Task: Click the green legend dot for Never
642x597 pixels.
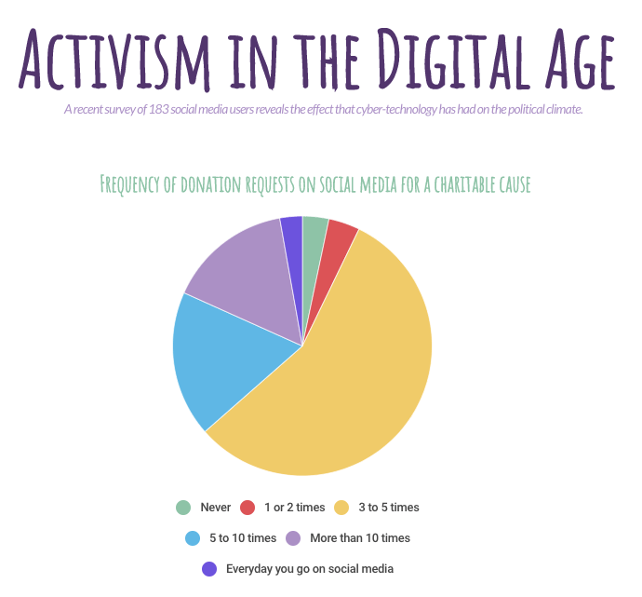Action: (x=183, y=508)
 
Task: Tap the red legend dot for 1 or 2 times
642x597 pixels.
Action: (x=247, y=508)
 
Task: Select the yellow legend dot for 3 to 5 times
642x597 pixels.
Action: (x=341, y=508)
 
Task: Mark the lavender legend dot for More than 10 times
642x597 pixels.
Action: (x=293, y=537)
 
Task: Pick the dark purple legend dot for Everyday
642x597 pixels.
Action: (x=209, y=568)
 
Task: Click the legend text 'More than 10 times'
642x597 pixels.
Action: (x=360, y=537)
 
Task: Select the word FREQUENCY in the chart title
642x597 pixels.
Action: (x=138, y=184)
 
